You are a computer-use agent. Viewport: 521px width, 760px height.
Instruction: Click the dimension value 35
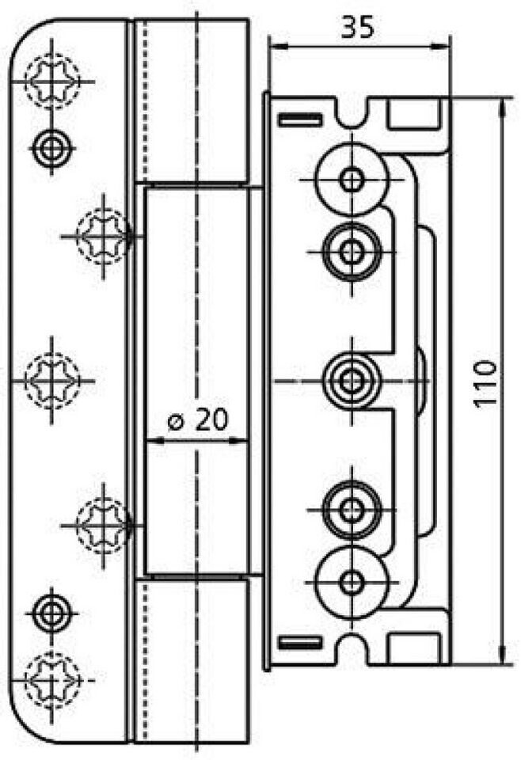[358, 27]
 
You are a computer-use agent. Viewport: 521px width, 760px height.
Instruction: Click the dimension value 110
[485, 382]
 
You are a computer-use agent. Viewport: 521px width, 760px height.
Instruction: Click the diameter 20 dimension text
[198, 420]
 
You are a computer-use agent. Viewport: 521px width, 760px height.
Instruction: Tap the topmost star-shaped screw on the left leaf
[51, 81]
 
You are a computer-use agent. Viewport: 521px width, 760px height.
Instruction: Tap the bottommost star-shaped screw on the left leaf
[51, 681]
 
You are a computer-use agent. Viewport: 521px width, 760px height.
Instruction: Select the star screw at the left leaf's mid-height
[51, 381]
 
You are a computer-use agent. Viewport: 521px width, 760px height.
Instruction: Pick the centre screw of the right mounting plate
[352, 381]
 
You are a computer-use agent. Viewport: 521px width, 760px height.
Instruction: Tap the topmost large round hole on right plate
[352, 180]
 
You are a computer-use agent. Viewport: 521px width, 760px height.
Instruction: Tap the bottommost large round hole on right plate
[352, 583]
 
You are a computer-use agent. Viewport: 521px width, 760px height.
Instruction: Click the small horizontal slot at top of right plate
[300, 119]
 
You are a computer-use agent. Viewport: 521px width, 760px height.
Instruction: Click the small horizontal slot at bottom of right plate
[300, 643]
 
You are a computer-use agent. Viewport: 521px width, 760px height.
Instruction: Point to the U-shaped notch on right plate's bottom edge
[352, 647]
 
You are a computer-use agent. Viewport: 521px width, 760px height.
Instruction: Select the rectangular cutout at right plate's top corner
[415, 114]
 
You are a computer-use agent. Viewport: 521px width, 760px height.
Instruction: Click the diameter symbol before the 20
[176, 422]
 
